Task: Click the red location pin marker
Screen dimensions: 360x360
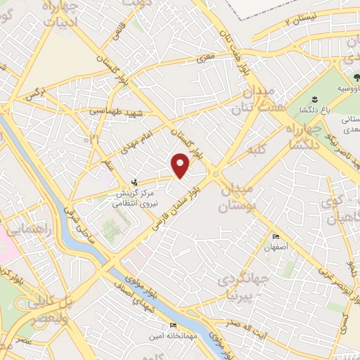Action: coord(181,165)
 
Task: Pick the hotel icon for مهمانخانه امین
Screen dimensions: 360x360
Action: coord(173,326)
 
